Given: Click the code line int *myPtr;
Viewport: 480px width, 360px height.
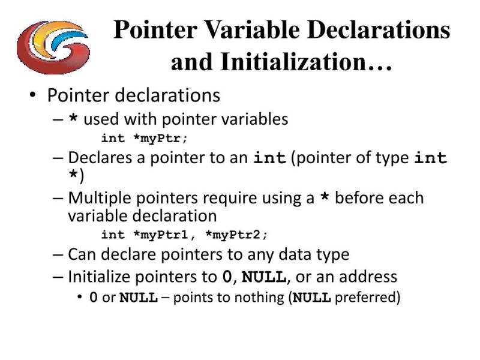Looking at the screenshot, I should [144, 139].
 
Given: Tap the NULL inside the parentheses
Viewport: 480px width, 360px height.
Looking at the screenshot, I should [311, 297].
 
